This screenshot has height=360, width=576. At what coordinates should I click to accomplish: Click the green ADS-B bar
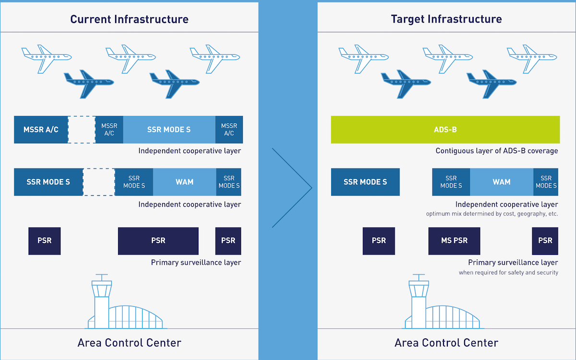pyautogui.click(x=445, y=130)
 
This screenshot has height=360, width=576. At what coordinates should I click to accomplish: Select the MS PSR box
pyautogui.click(x=454, y=241)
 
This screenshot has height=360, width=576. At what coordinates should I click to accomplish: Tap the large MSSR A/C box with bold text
pyautogui.click(x=41, y=130)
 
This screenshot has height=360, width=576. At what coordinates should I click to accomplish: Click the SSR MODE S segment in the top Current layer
pyautogui.click(x=169, y=130)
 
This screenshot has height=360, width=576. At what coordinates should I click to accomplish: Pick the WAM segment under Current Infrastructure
pyautogui.click(x=184, y=182)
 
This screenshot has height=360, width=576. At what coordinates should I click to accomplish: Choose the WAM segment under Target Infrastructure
pyautogui.click(x=502, y=182)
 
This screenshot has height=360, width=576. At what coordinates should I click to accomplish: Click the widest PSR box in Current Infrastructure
pyautogui.click(x=158, y=241)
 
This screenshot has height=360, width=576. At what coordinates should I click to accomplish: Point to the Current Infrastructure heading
pyautogui.click(x=129, y=19)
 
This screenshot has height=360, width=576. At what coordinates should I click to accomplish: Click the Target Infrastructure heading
pyautogui.click(x=446, y=19)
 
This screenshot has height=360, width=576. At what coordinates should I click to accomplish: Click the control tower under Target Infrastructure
pyautogui.click(x=419, y=301)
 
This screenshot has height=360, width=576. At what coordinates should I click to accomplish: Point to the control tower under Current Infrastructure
pyautogui.click(x=102, y=301)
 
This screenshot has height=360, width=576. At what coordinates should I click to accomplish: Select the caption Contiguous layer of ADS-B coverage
pyautogui.click(x=496, y=151)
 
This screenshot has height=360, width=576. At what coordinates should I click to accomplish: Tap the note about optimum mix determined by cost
pyautogui.click(x=492, y=214)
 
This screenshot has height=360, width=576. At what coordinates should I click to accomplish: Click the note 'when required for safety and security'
pyautogui.click(x=508, y=273)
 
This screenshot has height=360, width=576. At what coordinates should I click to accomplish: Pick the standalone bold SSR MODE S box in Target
pyautogui.click(x=365, y=182)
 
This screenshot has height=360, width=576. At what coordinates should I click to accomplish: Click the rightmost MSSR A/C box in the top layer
pyautogui.click(x=229, y=130)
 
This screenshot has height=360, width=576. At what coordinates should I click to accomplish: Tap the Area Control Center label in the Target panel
pyautogui.click(x=446, y=343)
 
